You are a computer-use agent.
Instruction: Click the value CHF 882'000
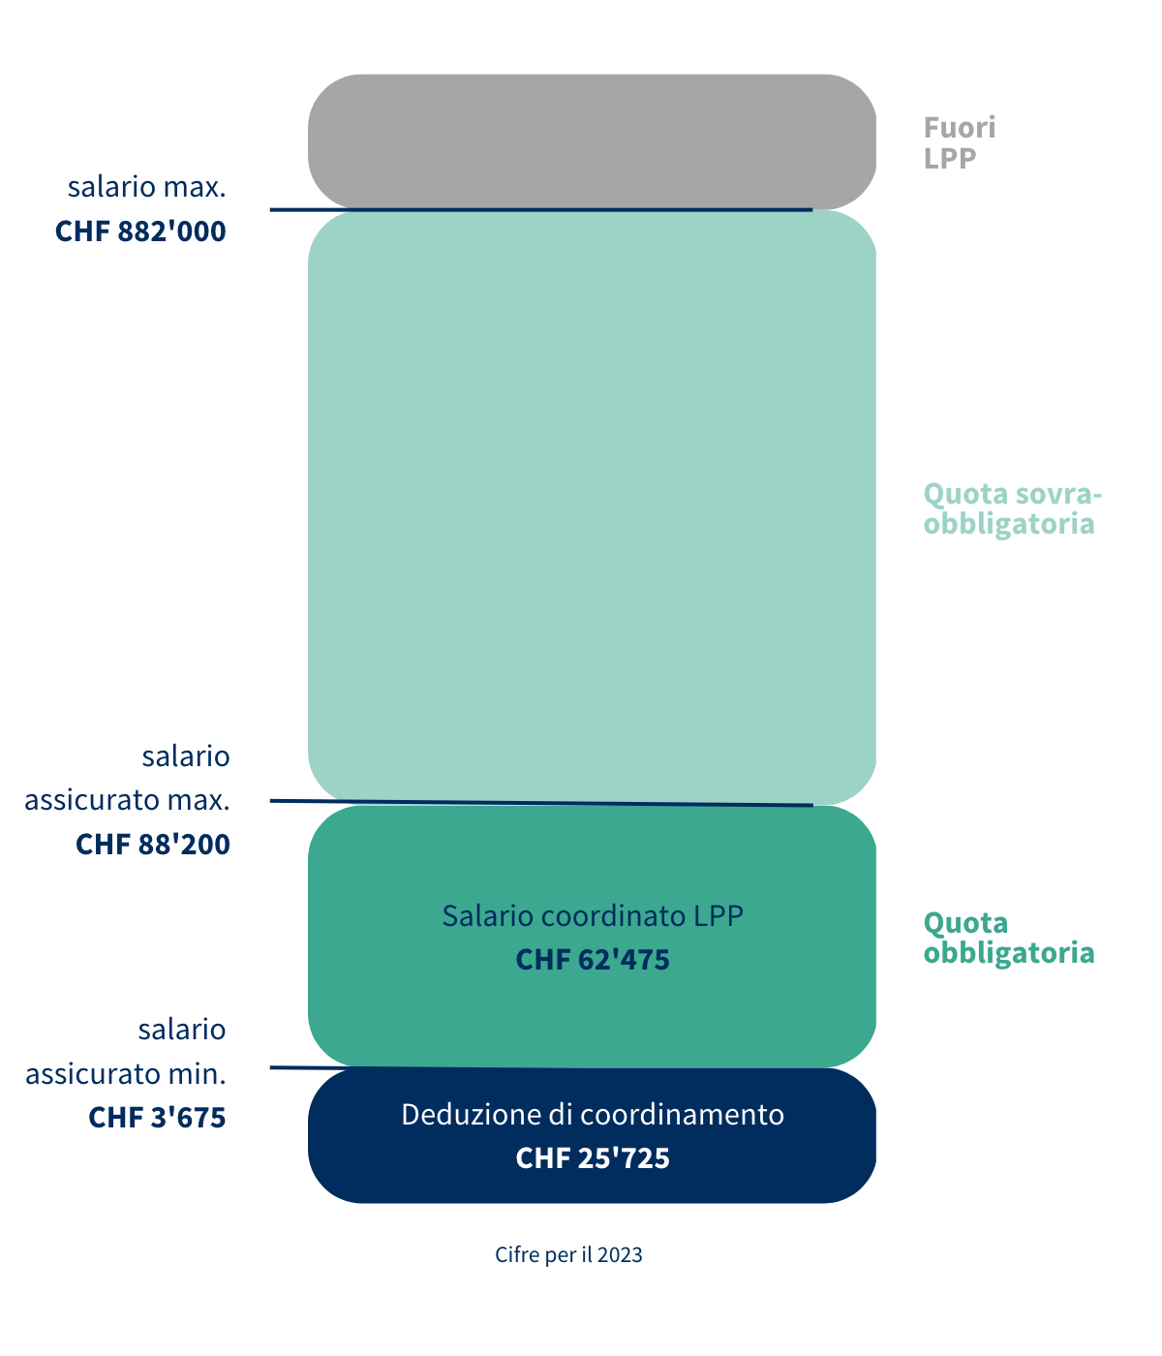pos(140,231)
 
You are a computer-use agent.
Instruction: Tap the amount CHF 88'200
pos(153,845)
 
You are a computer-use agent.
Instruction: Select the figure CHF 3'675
pos(157,1118)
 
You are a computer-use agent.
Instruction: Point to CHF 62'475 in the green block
pos(593,960)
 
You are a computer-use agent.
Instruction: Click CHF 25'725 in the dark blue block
pos(593,1158)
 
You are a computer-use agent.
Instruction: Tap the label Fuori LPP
pos(959,142)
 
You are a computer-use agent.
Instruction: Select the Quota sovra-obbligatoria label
pos(1012,508)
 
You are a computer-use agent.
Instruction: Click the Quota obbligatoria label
pos(1008,938)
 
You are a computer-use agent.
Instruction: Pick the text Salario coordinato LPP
pos(593,915)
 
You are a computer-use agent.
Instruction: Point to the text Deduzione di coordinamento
pos(593,1115)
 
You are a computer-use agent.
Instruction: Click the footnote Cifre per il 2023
pos(568,1255)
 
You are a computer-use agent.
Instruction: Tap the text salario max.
pos(146,187)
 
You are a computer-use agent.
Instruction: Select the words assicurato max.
pos(127,801)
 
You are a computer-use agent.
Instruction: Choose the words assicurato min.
pos(126,1074)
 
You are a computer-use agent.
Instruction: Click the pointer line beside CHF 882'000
pos(289,209)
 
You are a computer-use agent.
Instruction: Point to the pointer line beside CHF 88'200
pos(289,801)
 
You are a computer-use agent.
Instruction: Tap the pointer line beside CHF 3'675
pos(289,1067)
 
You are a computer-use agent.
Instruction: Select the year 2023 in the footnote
pos(620,1255)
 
